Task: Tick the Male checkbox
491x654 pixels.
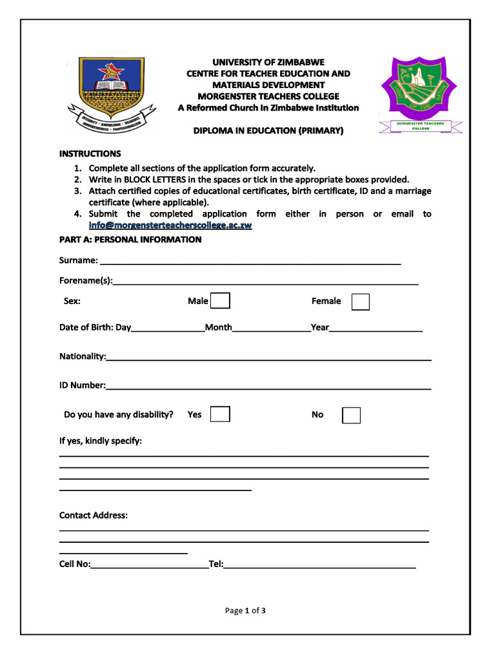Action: pyautogui.click(x=220, y=301)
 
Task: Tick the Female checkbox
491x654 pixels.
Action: pyautogui.click(x=361, y=301)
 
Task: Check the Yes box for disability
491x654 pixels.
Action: pyautogui.click(x=220, y=414)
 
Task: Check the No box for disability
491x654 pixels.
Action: pyautogui.click(x=351, y=415)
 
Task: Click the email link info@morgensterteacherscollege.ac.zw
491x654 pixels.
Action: pyautogui.click(x=170, y=225)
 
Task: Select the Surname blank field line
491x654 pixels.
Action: pyautogui.click(x=250, y=262)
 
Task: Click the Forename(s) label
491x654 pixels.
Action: pyautogui.click(x=86, y=280)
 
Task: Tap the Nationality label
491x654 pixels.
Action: pyautogui.click(x=82, y=356)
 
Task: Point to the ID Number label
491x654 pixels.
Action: pyautogui.click(x=82, y=385)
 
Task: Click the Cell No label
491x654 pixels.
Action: pyautogui.click(x=75, y=564)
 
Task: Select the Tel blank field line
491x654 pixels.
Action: pyautogui.click(x=320, y=566)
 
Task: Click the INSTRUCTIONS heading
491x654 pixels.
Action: pyautogui.click(x=90, y=154)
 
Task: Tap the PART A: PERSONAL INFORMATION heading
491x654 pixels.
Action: pyautogui.click(x=130, y=240)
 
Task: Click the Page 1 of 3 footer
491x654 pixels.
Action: pyautogui.click(x=245, y=611)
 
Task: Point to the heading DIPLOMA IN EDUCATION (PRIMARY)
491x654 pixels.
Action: pyautogui.click(x=269, y=131)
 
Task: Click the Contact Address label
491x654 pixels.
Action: pyautogui.click(x=93, y=515)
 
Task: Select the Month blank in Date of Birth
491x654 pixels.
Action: pyautogui.click(x=272, y=330)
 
